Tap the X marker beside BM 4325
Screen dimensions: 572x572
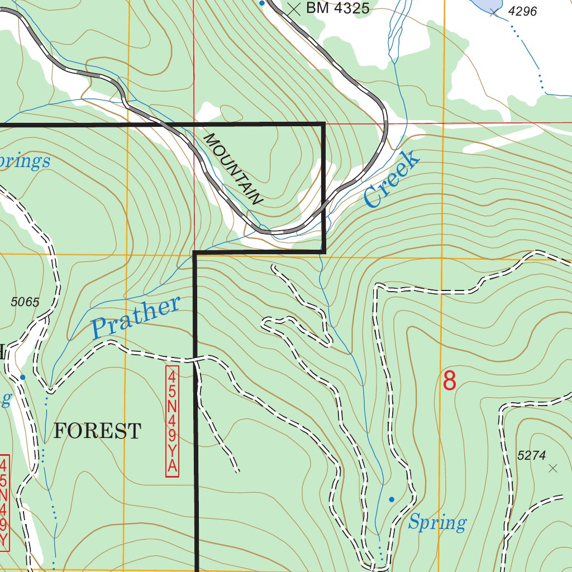click(294, 8)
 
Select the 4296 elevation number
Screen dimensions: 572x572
click(522, 11)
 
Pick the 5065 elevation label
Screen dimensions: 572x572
click(25, 302)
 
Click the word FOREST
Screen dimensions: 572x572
click(97, 431)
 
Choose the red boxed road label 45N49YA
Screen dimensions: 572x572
click(172, 421)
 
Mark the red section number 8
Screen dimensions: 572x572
click(450, 381)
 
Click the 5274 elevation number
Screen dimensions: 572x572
click(531, 456)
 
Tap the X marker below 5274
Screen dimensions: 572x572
click(553, 468)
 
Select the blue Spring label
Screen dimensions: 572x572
click(437, 523)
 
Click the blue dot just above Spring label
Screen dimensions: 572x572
click(392, 499)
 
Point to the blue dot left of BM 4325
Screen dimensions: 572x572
click(261, 3)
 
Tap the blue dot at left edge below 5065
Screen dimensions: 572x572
click(22, 377)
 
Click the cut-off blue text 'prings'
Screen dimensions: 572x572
click(25, 162)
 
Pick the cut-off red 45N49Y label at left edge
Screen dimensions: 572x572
click(4, 502)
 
